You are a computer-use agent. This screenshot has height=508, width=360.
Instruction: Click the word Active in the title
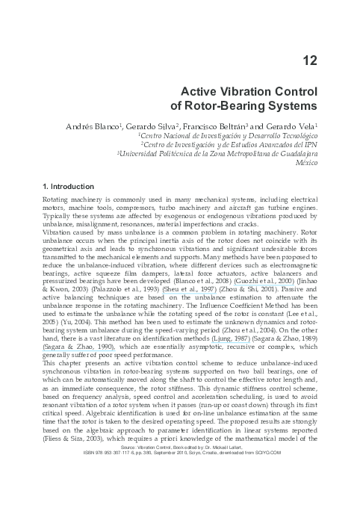coord(202,92)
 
